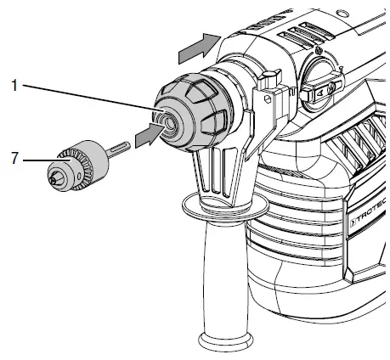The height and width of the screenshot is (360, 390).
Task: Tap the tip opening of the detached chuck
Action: pyautogui.click(x=52, y=178)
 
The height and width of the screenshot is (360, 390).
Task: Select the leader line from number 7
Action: pyautogui.click(x=38, y=158)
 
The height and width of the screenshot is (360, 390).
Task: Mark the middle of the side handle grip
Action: pyautogui.click(x=223, y=272)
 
